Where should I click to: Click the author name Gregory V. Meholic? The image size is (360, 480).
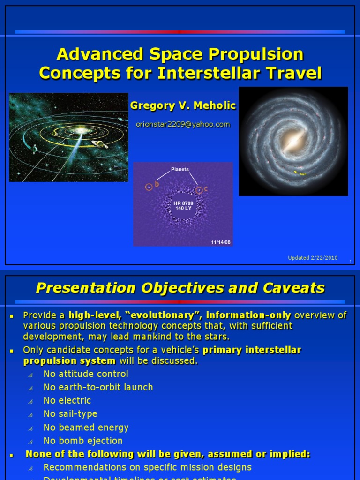(183, 106)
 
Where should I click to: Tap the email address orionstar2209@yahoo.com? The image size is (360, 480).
(183, 124)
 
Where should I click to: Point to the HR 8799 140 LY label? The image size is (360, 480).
(183, 206)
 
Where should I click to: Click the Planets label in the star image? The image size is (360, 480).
(180, 169)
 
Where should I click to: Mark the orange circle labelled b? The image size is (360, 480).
(149, 187)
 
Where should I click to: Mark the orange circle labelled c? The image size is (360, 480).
(199, 190)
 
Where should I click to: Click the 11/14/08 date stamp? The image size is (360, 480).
(221, 242)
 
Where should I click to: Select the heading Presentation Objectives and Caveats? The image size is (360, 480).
(180, 287)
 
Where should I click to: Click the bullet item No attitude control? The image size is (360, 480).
(86, 374)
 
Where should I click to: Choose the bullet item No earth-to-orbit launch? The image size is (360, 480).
(98, 387)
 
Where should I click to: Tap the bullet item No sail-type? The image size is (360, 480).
(70, 414)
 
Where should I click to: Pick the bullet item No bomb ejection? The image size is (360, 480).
(83, 441)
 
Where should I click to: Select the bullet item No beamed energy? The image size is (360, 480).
(86, 427)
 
